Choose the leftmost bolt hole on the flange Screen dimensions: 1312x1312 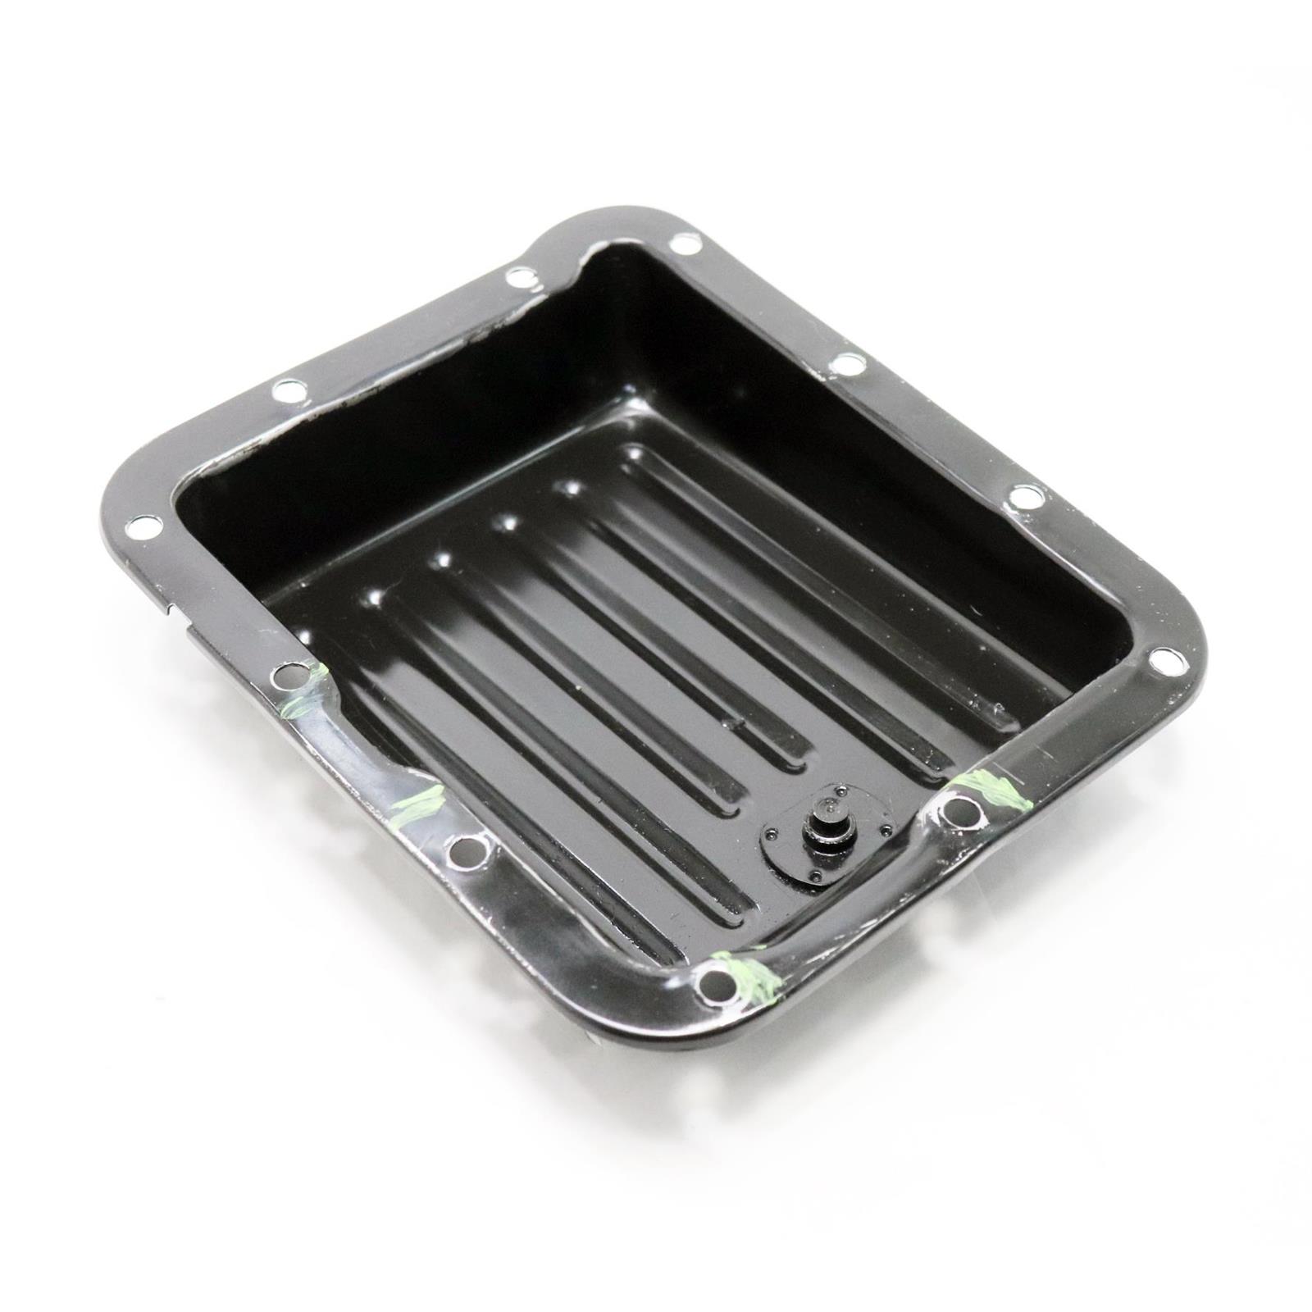click(144, 526)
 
